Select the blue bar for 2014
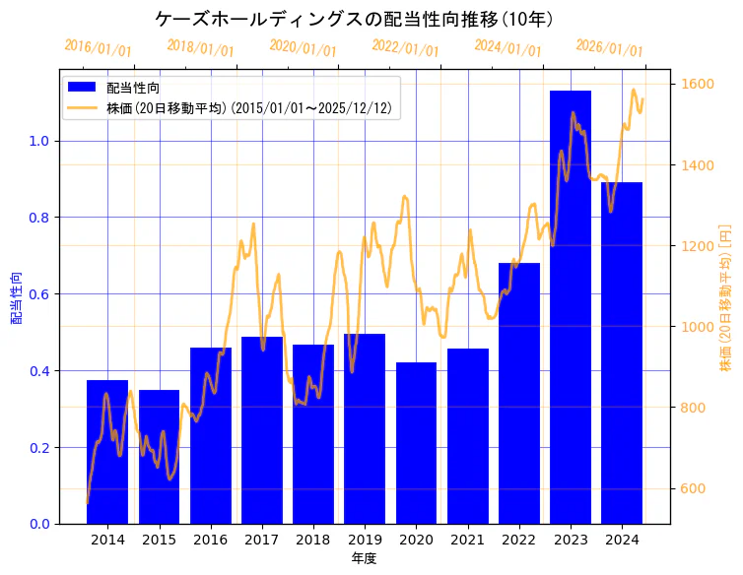(x=107, y=452)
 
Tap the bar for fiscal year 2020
(x=416, y=443)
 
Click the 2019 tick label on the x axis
(x=365, y=540)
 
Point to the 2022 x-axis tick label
(x=519, y=540)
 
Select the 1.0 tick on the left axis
(x=40, y=141)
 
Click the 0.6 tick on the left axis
(x=40, y=294)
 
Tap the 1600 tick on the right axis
(x=694, y=84)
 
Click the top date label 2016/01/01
(x=98, y=47)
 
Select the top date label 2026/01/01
(x=609, y=48)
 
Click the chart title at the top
(x=355, y=19)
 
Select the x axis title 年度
(x=365, y=558)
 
